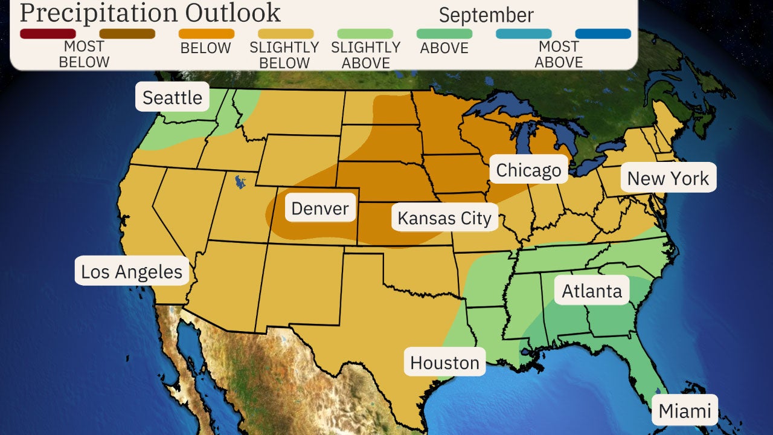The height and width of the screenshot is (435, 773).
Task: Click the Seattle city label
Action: (x=172, y=97)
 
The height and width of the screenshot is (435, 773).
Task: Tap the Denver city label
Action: (x=319, y=209)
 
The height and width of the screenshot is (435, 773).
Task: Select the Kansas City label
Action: (x=444, y=218)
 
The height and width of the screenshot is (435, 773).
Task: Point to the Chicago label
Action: (x=528, y=171)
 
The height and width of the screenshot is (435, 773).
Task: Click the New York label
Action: (x=668, y=178)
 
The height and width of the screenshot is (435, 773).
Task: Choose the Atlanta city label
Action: (x=592, y=291)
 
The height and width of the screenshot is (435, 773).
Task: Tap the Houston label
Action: (x=444, y=362)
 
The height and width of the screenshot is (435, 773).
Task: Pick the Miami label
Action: (x=685, y=411)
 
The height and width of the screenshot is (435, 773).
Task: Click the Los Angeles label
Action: (x=132, y=272)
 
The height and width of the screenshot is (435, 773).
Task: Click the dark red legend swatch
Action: (x=48, y=34)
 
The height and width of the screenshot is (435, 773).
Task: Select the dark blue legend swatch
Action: (x=603, y=34)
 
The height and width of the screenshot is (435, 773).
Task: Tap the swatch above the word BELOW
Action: (x=207, y=34)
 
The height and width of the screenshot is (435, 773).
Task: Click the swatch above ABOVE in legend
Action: (x=444, y=34)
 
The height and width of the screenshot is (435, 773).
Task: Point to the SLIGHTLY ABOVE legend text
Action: (x=365, y=55)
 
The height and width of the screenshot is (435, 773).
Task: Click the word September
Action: (x=486, y=15)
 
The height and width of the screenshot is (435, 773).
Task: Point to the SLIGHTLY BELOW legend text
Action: (x=284, y=55)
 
